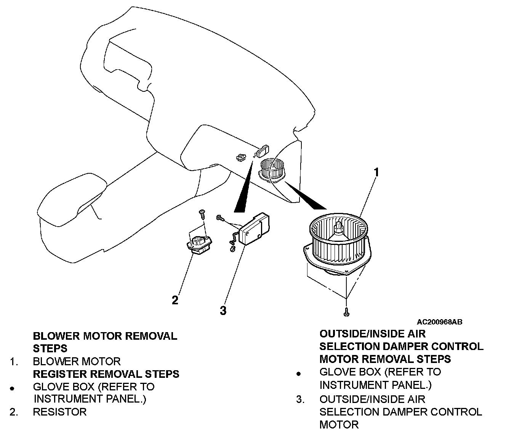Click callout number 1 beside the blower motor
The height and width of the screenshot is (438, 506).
(376, 172)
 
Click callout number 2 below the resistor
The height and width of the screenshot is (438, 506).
(175, 300)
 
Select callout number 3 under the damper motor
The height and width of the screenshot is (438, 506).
(223, 310)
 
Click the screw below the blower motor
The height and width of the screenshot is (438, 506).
(346, 312)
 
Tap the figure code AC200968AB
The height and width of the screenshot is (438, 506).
(439, 322)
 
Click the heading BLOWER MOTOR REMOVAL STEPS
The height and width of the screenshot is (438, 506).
(105, 342)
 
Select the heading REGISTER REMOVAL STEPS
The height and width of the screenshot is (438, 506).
(106, 374)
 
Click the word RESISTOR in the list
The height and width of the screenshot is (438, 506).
(60, 412)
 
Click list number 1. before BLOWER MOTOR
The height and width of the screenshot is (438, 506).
(14, 361)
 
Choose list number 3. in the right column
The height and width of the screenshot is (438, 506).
(301, 399)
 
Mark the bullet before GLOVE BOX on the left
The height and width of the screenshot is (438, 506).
(12, 388)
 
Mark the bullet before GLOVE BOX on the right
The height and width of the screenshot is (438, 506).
(299, 374)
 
